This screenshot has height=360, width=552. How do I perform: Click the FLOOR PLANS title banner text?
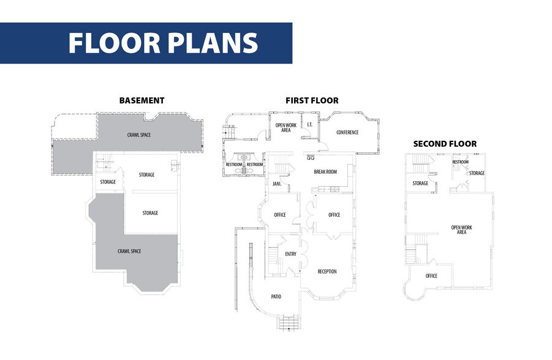163,43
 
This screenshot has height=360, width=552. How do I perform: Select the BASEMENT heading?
142,100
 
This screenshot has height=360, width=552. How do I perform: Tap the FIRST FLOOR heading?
312,100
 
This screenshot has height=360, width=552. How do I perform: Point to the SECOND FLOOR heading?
445,144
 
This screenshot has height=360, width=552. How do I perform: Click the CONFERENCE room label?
347,132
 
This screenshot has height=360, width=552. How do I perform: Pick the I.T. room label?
310,124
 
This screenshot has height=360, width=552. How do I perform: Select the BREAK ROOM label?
325,171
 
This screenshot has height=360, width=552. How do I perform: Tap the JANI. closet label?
277,184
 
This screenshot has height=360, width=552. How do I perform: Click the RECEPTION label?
327,271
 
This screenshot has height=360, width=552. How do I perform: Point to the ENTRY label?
291,253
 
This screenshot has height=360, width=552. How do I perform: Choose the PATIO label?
276,297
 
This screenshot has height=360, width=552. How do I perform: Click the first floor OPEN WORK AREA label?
286,128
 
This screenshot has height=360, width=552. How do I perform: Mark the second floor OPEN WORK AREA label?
461,230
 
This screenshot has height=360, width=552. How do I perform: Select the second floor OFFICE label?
431,276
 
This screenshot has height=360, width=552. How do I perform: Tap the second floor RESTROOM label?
461,162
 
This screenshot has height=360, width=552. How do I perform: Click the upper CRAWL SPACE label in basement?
139,135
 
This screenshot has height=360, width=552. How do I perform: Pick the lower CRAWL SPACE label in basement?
129,251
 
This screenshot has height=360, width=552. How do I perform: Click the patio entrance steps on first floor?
290,322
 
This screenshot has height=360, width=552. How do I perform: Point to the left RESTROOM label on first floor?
234,165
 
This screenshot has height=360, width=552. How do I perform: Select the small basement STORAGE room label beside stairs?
108,182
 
